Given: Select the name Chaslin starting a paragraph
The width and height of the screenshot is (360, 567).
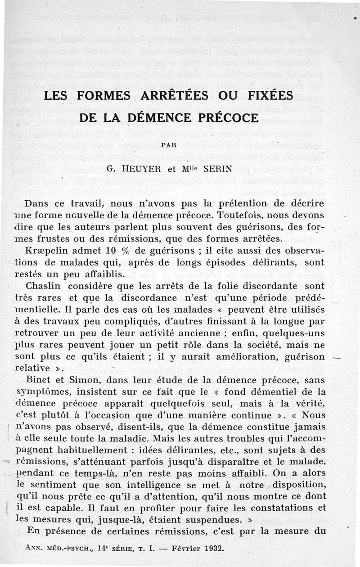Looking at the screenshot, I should click(x=44, y=286).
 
